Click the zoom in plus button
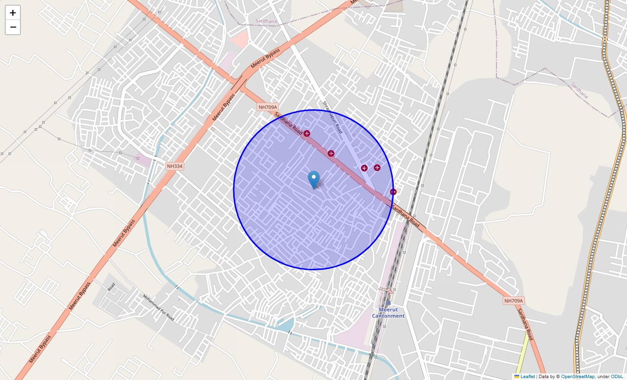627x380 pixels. (13, 13)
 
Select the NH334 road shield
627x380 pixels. (174, 166)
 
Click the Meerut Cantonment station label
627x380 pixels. (388, 313)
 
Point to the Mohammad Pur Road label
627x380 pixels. (159, 307)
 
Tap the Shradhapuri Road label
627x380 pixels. (332, 117)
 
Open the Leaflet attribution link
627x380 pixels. (527, 376)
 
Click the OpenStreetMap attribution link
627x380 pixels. (578, 376)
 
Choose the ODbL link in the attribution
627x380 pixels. (617, 376)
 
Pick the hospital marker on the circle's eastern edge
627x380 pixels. (393, 192)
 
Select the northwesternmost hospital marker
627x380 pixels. (307, 133)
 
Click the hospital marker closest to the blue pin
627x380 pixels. (331, 153)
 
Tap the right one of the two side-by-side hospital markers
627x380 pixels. (377, 167)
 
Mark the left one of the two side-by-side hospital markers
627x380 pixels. (364, 168)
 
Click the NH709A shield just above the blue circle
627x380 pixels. (267, 107)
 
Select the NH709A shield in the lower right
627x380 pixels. (513, 301)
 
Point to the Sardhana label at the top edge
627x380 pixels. (266, 21)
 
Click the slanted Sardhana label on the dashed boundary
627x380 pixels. (579, 90)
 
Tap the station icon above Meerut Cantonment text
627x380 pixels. (388, 303)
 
